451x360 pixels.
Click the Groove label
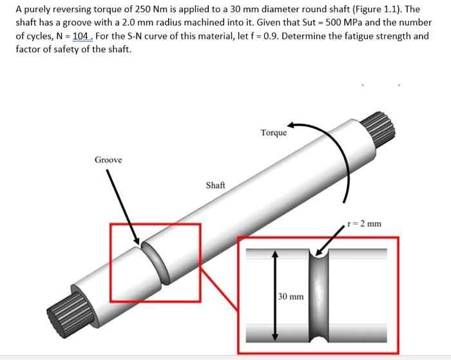pos(108,159)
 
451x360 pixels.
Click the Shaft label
pos(215,185)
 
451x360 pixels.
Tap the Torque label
pos(274,133)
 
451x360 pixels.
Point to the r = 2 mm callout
pos(364,224)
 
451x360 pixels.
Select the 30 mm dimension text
pos(291,297)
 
